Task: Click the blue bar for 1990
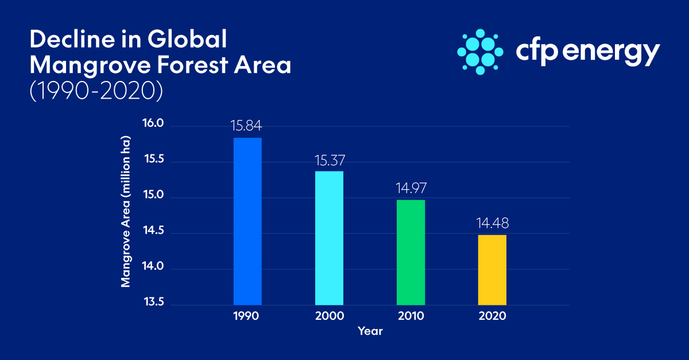point(247,221)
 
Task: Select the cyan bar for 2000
point(329,238)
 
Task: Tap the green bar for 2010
point(411,252)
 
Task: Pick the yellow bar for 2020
point(492,269)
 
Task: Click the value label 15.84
point(247,125)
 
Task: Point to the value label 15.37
point(329,159)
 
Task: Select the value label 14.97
point(411,188)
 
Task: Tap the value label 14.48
point(492,223)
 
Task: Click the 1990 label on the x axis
point(247,316)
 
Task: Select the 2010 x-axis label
point(411,316)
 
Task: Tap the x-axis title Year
point(370,331)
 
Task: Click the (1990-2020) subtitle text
point(94,91)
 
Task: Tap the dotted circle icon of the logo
point(480,51)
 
